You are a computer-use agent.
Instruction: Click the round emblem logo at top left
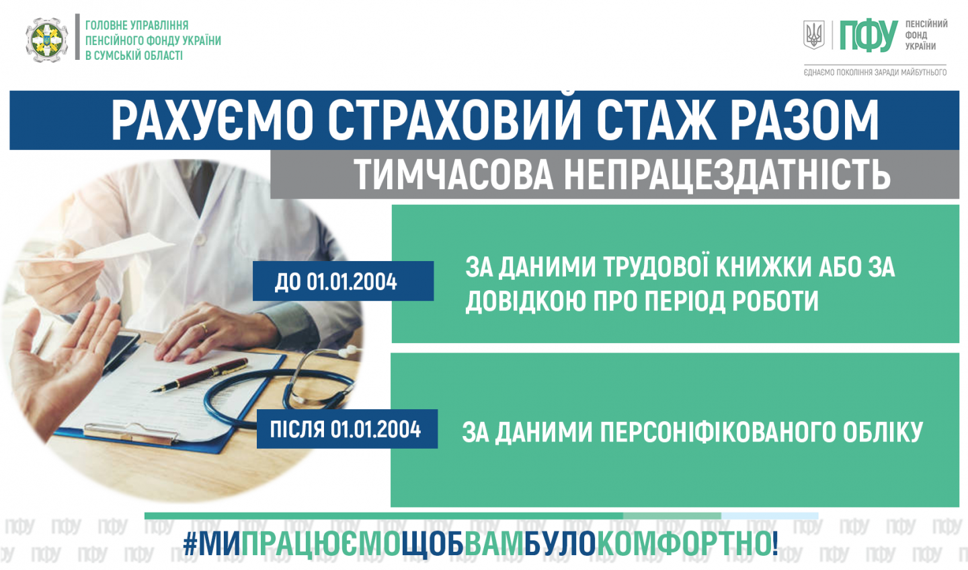(x=46, y=40)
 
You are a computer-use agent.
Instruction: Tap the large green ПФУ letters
(x=869, y=36)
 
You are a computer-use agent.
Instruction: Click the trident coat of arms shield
(x=813, y=34)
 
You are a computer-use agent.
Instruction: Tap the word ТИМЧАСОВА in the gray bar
(x=453, y=174)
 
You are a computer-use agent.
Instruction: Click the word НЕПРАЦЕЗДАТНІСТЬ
(x=727, y=174)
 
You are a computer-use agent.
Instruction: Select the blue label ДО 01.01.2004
(x=343, y=281)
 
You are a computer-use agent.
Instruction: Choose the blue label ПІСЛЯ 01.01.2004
(x=347, y=429)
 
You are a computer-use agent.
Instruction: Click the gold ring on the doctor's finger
(x=204, y=328)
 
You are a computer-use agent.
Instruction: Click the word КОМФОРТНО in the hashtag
(x=683, y=544)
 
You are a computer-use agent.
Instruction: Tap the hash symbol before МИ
(x=190, y=544)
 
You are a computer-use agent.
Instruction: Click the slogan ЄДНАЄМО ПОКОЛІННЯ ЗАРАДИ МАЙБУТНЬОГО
(x=875, y=72)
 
